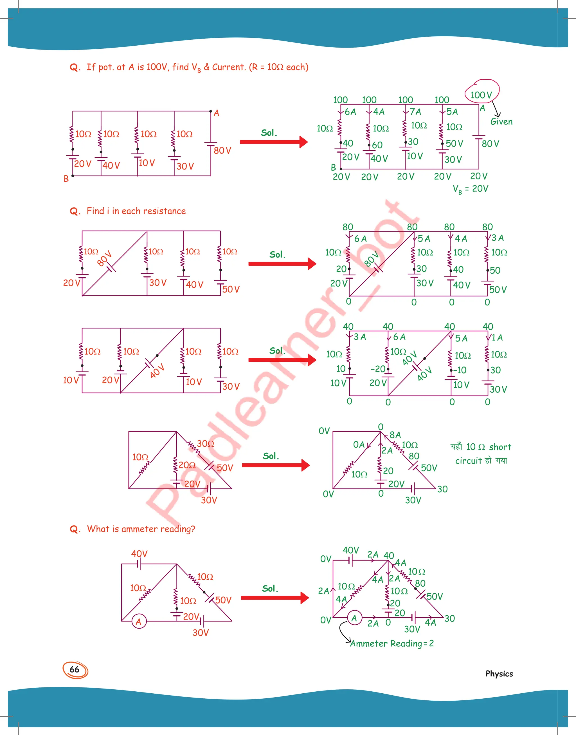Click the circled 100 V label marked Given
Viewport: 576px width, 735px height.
[481, 95]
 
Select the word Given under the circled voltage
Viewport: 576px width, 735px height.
[501, 122]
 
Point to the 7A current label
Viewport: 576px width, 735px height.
[415, 112]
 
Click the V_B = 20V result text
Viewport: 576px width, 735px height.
[471, 189]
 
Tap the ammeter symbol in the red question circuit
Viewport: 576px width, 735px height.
[139, 621]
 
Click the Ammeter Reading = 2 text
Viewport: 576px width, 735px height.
[392, 644]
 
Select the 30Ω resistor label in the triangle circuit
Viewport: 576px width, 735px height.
[205, 443]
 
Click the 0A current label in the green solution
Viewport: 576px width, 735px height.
[359, 444]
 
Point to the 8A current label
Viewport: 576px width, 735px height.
[395, 435]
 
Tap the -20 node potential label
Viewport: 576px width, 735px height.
[378, 368]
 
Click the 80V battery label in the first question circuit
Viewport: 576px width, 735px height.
[222, 151]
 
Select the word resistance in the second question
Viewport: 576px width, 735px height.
[164, 211]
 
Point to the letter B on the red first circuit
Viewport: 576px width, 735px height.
[66, 178]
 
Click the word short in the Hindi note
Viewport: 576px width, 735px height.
[500, 447]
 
